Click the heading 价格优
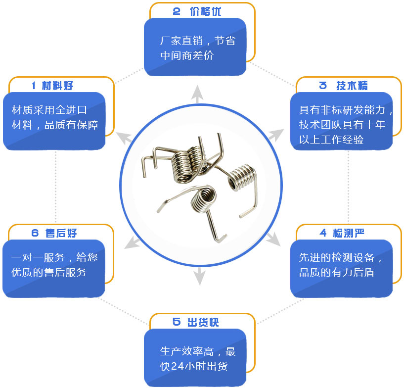pos(205,11)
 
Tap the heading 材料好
pos(57,86)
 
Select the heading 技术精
pos(352,86)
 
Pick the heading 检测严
pos(349,233)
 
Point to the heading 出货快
pos(203,322)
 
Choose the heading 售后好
pos(61,233)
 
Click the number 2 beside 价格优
pos(177,11)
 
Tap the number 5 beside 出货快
pos(177,322)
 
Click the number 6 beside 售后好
pos(35,233)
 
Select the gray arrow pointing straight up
pos(197,94)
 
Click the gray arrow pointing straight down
pos(199,276)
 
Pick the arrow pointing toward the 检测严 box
pos(273,239)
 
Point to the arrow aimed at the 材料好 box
pos(124,138)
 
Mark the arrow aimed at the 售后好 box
pos(132,242)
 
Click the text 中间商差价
pos(187,55)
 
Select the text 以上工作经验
pos(331,140)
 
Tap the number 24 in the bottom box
pos(177,366)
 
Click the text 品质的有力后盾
pos(337,272)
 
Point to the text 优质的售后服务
pos(49,272)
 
